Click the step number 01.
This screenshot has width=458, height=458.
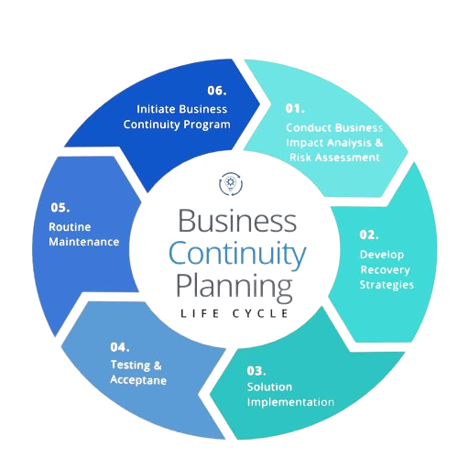(x=295, y=108)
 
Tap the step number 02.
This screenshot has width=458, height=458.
(x=369, y=234)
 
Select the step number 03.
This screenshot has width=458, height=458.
(x=256, y=371)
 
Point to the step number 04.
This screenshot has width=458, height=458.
(x=120, y=347)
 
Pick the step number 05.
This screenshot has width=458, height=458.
(x=60, y=208)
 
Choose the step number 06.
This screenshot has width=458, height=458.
(x=217, y=91)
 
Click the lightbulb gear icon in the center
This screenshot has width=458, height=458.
(x=231, y=184)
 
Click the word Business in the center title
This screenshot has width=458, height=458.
(x=237, y=221)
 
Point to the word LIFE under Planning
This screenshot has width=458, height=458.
(x=200, y=313)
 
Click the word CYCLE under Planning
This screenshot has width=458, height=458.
(x=260, y=313)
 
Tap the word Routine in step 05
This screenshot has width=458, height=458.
(x=70, y=227)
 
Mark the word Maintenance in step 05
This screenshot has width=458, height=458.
(x=84, y=242)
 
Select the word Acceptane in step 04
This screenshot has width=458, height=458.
(x=138, y=380)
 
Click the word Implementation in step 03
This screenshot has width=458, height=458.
(x=290, y=402)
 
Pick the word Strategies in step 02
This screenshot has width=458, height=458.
(x=387, y=285)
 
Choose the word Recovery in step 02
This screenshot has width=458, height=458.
(x=385, y=270)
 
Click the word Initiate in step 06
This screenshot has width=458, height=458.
(x=156, y=109)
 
